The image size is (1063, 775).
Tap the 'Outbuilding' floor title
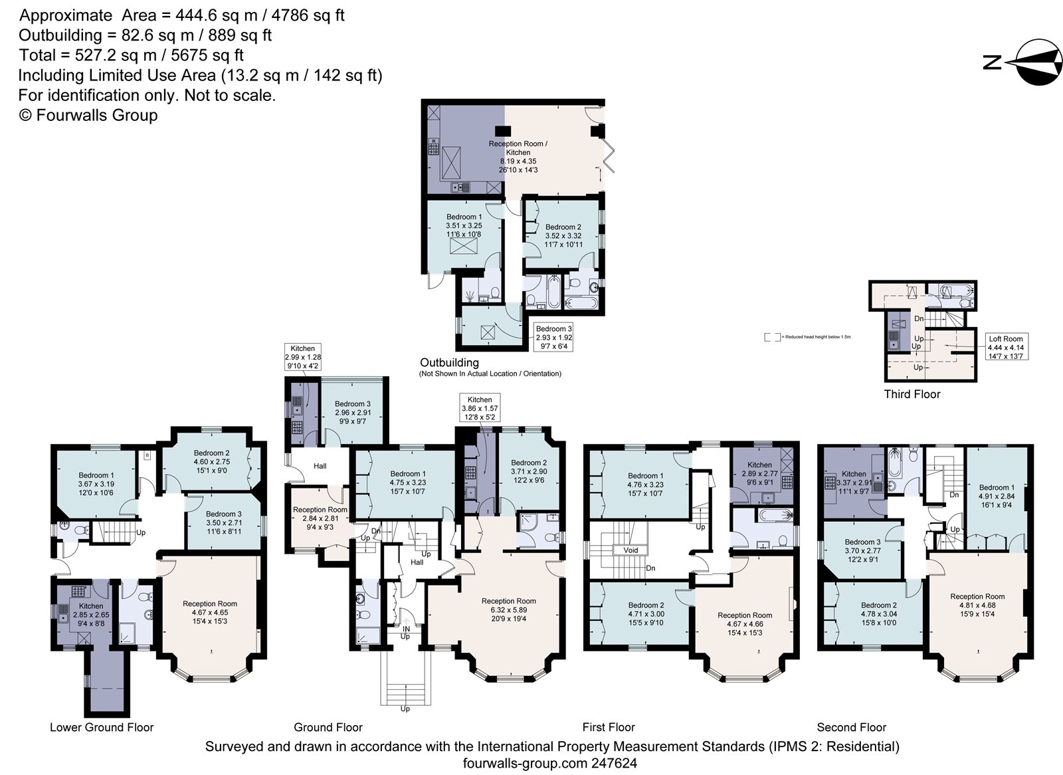[449, 363]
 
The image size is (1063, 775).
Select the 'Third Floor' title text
[912, 394]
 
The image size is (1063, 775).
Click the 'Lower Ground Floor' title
[102, 727]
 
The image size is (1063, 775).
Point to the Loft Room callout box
[1005, 347]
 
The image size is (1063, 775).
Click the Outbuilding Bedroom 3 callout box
[553, 337]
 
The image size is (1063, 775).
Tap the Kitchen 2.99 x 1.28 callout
[302, 357]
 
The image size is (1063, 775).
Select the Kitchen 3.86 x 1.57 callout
[480, 409]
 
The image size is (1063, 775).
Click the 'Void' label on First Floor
[630, 550]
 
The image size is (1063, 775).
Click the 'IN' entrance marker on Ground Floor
[406, 628]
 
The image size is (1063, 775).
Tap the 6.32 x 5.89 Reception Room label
[508, 609]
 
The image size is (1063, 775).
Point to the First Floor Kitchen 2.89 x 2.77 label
[759, 474]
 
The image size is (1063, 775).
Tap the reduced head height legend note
[807, 337]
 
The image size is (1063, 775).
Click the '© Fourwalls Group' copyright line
[88, 116]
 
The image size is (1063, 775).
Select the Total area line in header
[131, 55]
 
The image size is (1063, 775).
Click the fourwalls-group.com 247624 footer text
[549, 764]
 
